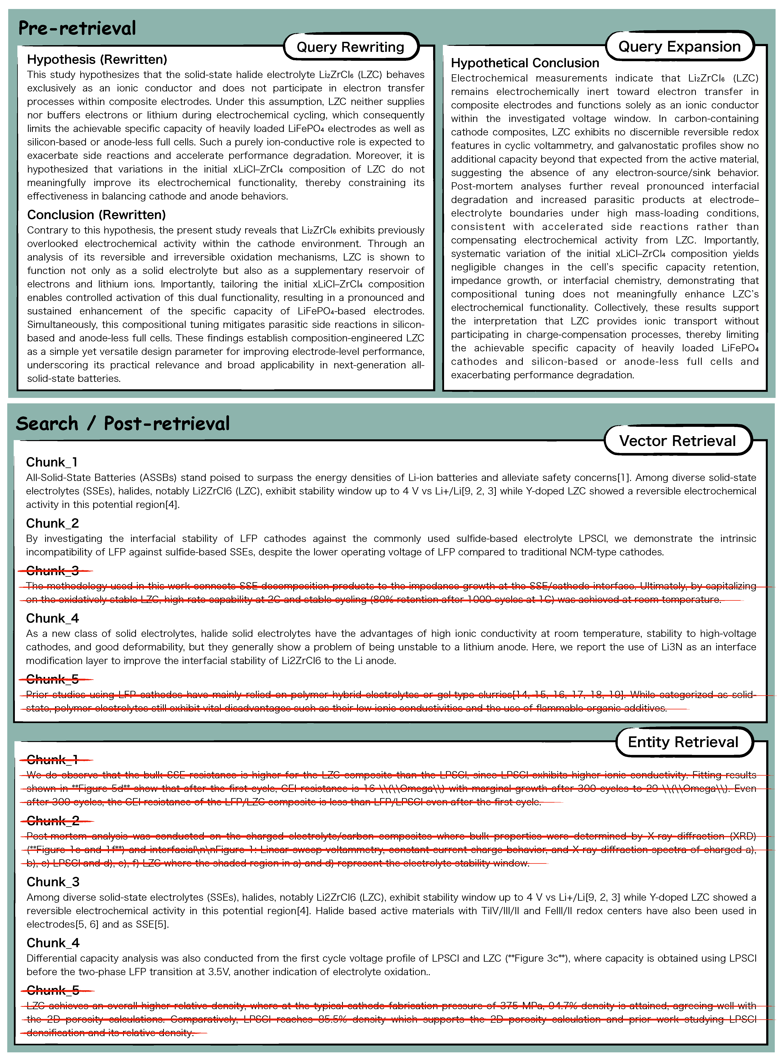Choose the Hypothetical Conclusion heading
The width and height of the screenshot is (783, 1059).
[x=525, y=63]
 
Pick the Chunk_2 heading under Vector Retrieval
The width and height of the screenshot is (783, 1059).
[x=52, y=523]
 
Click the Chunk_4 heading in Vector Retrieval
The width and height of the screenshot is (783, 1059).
[x=52, y=618]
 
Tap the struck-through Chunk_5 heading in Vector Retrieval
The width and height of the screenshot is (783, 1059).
[x=52, y=679]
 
